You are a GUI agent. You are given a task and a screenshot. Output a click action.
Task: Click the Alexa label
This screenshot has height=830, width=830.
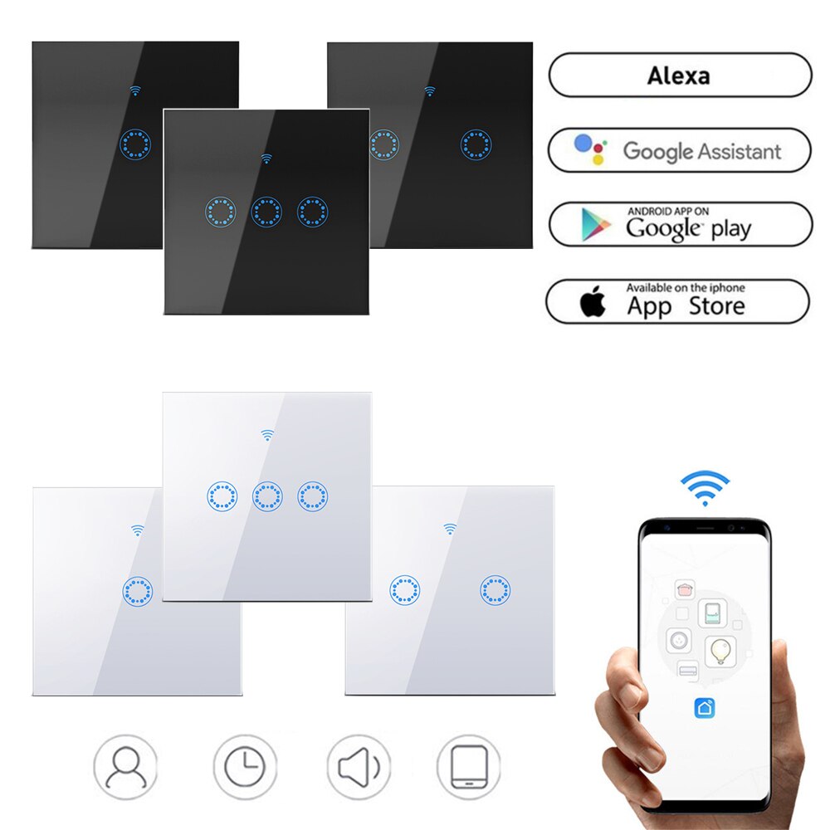[x=678, y=76]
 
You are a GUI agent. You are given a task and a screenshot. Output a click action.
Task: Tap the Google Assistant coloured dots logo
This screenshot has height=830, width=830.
[x=590, y=149]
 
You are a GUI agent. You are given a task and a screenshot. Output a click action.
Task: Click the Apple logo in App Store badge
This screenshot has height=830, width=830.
[x=592, y=303]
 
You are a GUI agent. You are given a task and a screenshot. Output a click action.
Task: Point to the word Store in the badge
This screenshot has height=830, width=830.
[x=716, y=306]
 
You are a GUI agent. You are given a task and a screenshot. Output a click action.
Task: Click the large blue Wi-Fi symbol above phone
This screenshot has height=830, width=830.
[x=705, y=487]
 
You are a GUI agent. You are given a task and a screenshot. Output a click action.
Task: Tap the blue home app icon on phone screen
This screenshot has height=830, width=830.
[x=705, y=707]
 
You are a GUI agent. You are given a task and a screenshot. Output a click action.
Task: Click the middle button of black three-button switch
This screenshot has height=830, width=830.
[x=266, y=212]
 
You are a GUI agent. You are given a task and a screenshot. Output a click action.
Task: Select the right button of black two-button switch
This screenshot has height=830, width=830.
[x=476, y=144]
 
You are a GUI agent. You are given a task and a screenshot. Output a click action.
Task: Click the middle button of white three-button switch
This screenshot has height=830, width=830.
[x=267, y=497]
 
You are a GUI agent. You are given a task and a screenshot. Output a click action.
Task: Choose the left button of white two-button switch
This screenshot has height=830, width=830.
[x=405, y=590]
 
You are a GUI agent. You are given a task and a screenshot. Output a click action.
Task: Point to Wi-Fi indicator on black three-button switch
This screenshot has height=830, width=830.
[x=266, y=158]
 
